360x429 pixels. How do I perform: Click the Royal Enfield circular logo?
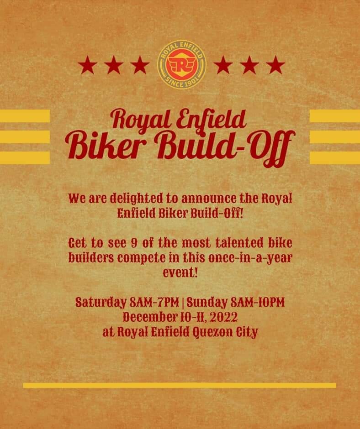coord(181,65)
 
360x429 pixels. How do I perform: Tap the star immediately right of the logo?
coord(223,65)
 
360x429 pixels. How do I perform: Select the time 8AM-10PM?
coord(258,302)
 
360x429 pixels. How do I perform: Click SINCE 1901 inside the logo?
coord(181,84)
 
